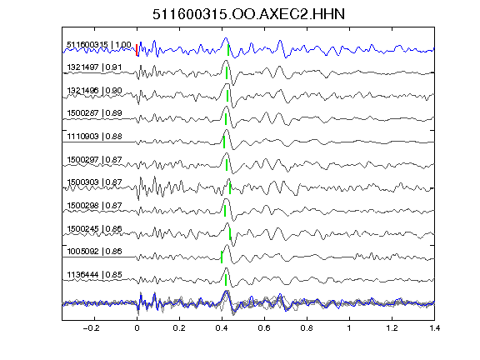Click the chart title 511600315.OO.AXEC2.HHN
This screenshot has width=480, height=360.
248,14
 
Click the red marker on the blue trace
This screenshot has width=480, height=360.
137,50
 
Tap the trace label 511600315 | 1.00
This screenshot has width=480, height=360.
99,45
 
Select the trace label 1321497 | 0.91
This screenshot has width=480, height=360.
94,67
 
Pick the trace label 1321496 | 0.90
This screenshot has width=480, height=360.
94,90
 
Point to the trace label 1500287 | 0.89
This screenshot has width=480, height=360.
94,113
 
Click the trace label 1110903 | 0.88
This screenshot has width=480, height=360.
94,136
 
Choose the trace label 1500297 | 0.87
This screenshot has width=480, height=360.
94,159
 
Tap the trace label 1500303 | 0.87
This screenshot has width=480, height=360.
94,182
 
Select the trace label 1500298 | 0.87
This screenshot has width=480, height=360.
94,205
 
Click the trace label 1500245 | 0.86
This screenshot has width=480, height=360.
94,228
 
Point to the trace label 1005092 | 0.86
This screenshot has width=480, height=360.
94,252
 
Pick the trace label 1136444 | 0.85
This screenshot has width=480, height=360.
94,275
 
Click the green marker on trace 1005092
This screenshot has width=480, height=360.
222,257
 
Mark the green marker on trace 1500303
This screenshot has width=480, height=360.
230,188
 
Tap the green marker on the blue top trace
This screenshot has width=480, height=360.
228,50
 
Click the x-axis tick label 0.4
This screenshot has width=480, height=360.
222,328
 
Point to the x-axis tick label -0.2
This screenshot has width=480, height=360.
91,328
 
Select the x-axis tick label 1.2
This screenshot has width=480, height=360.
392,328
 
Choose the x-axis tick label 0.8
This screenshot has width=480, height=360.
307,328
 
